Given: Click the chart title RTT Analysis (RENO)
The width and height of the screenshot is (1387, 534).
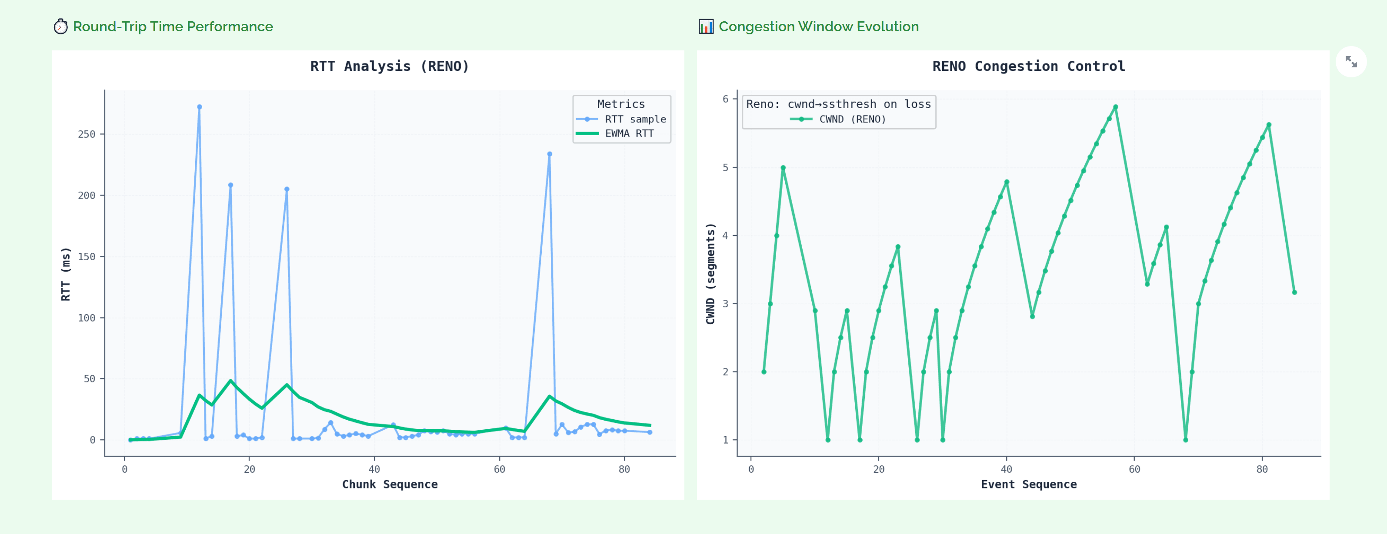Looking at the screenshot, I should tap(389, 66).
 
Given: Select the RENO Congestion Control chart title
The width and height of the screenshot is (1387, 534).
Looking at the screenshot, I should tap(1028, 66).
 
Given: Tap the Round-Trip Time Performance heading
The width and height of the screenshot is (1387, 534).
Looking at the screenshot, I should tap(173, 27).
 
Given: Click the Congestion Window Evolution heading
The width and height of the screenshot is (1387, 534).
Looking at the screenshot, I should tap(818, 27).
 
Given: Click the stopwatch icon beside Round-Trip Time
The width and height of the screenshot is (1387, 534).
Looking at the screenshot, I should tap(60, 27).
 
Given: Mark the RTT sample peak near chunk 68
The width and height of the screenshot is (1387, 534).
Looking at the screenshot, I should tap(549, 154).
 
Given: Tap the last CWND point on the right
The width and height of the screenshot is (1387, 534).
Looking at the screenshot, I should tap(1294, 292).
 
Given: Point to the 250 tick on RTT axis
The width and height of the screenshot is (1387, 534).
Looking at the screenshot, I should tap(87, 134).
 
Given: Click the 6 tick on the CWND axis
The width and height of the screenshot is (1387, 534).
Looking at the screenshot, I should tap(725, 99).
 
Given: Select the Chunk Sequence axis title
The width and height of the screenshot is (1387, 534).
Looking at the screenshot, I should tap(390, 484).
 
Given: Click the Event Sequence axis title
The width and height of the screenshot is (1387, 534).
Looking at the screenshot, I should tap(1028, 484).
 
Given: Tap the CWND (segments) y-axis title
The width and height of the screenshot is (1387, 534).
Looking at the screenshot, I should tap(711, 273).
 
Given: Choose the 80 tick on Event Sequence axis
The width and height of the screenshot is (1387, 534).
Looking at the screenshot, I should tap(1261, 469).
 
